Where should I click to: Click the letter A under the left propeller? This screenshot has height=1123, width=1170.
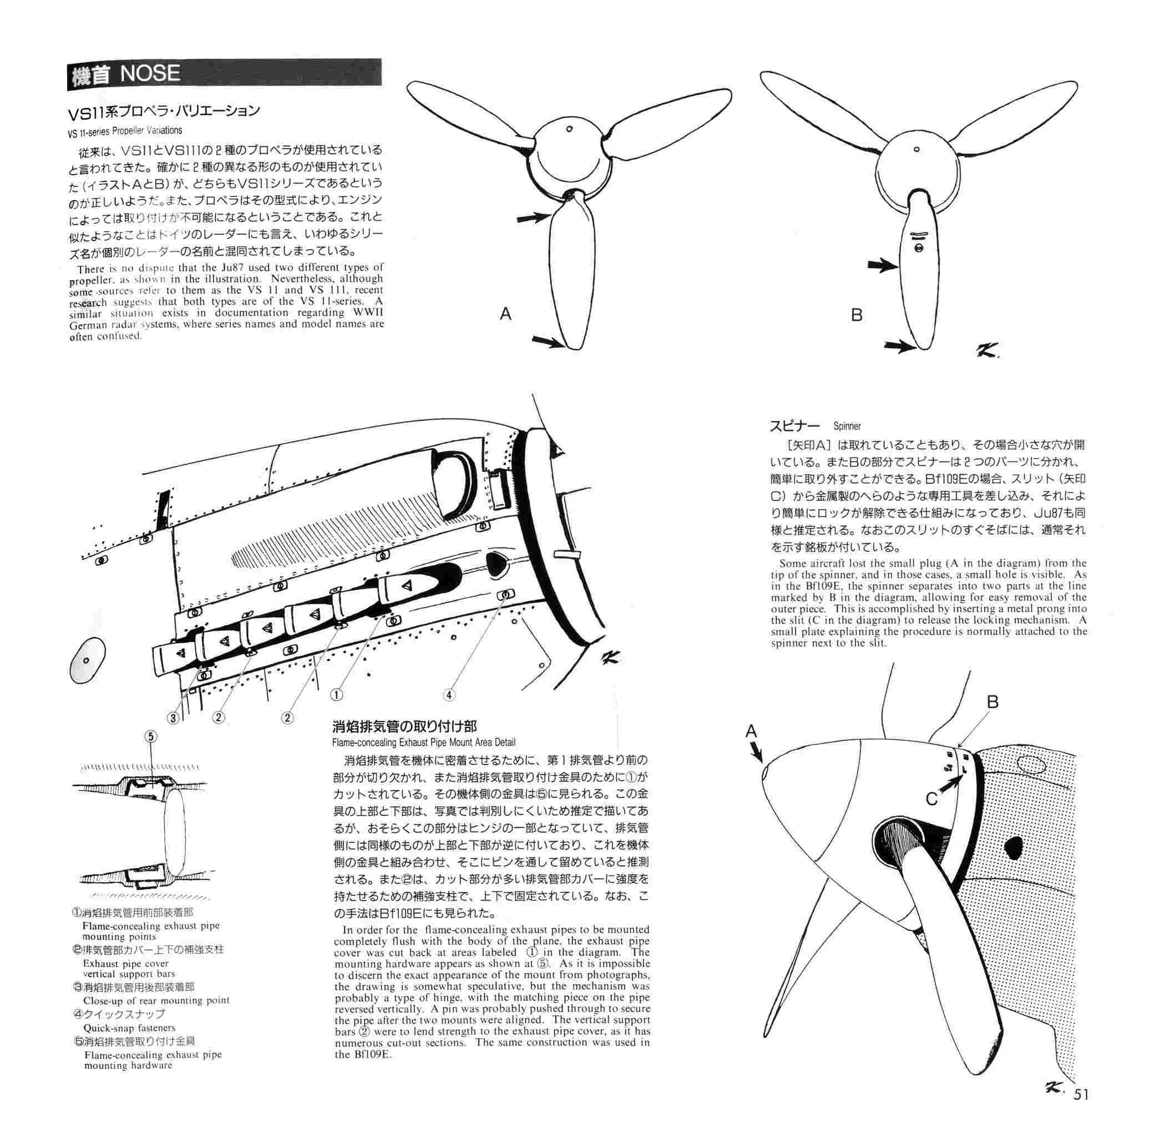click(x=505, y=314)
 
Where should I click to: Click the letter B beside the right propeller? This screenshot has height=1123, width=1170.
click(x=857, y=315)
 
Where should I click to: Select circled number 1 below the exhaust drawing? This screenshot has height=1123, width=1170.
click(x=337, y=694)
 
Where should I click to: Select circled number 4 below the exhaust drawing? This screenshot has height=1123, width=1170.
click(x=449, y=694)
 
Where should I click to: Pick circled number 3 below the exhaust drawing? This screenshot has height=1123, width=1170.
click(x=173, y=718)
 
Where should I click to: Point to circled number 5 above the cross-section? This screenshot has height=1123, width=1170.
click(x=150, y=737)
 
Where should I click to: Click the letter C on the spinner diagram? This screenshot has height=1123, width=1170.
click(x=932, y=798)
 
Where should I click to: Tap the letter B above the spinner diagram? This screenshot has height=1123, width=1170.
click(x=992, y=702)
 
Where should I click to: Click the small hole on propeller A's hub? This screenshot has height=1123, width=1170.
click(x=570, y=128)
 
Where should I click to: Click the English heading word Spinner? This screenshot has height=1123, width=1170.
click(x=847, y=426)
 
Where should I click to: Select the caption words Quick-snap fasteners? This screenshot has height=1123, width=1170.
click(x=129, y=1028)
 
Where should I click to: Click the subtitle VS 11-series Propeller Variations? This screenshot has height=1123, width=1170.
click(x=125, y=130)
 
